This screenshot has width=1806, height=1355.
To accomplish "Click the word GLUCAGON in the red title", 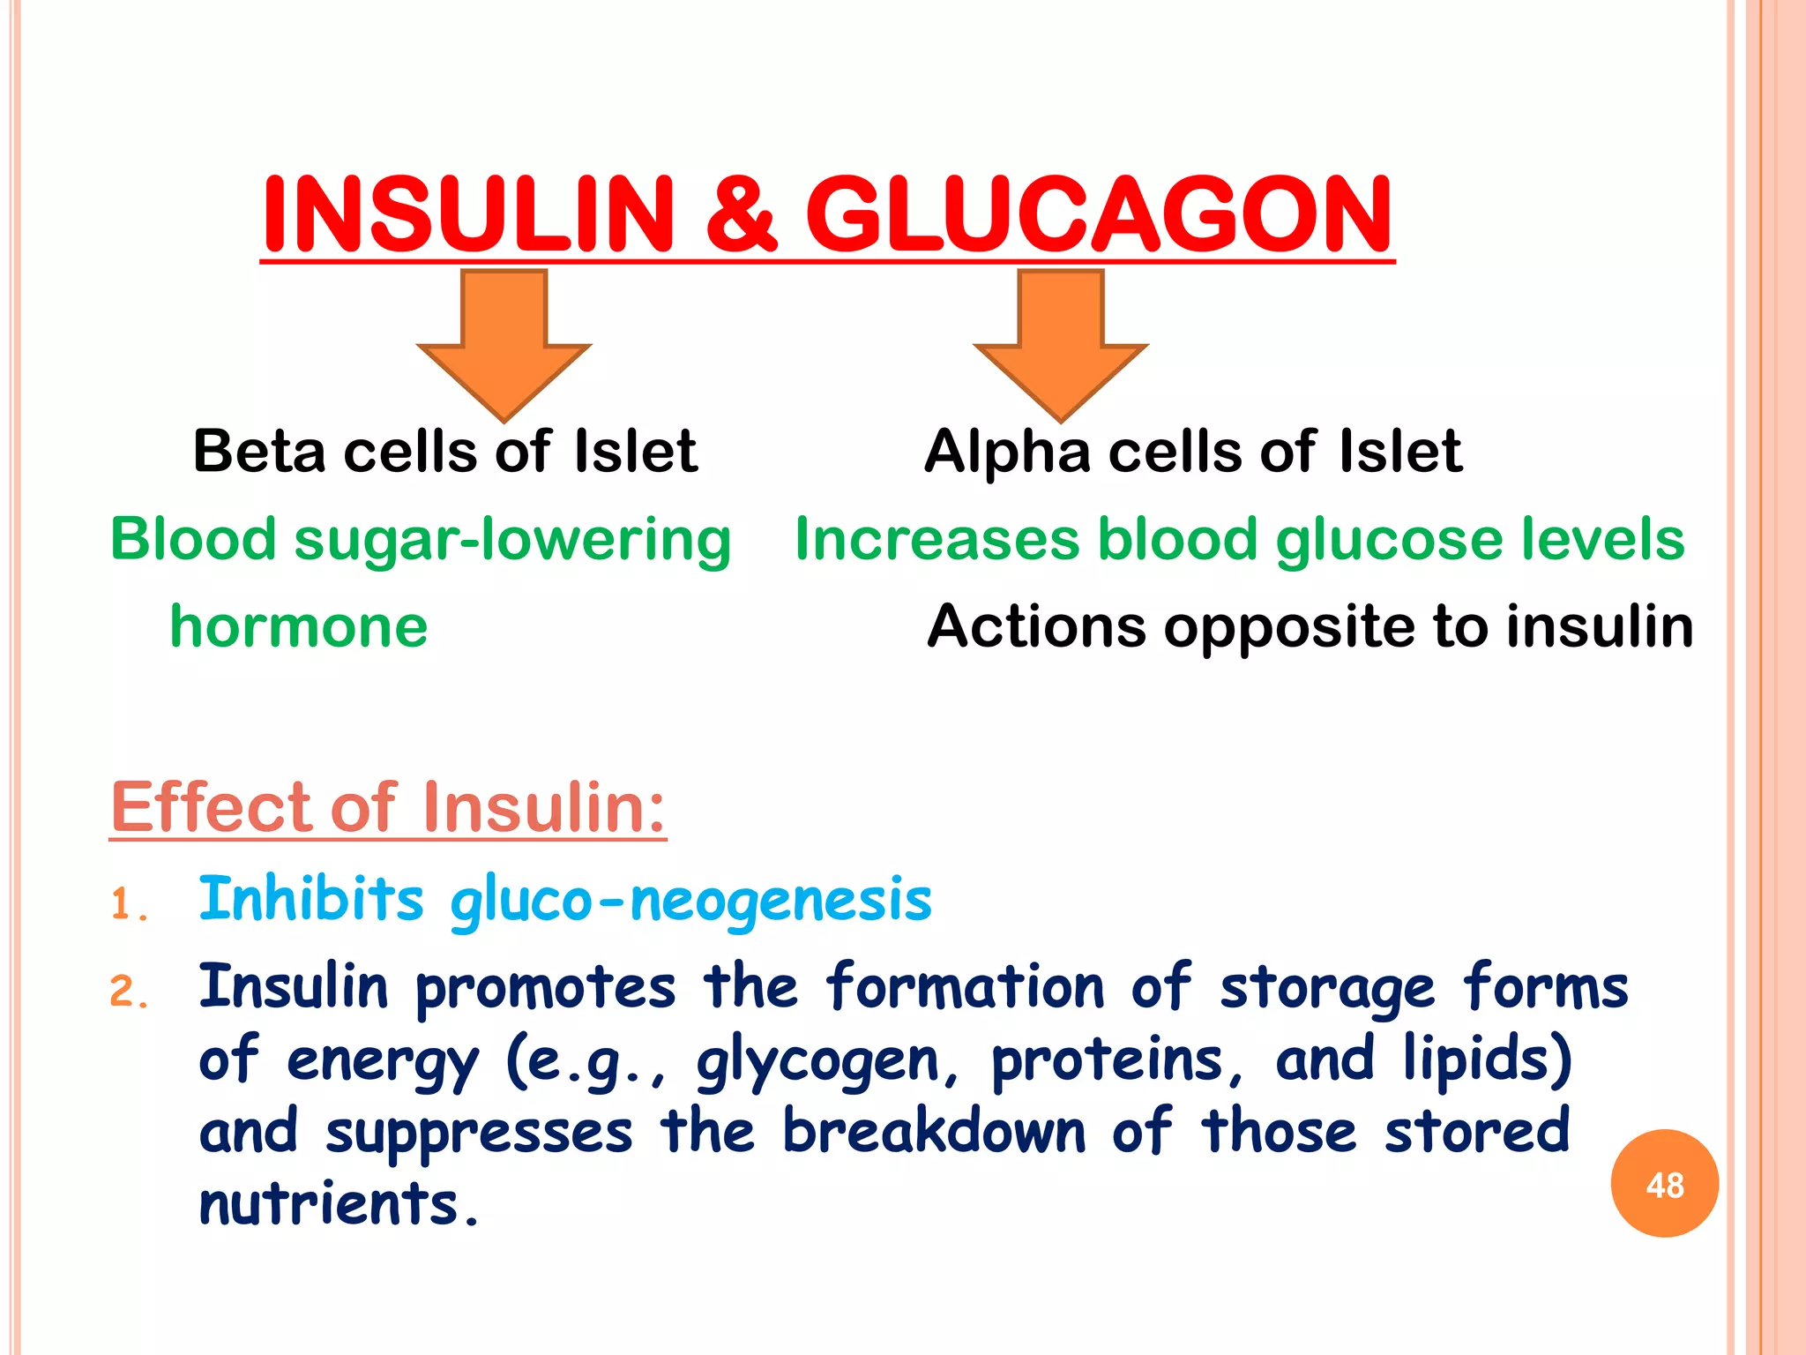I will click(1099, 214).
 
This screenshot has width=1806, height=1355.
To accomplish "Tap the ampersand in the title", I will click(740, 214).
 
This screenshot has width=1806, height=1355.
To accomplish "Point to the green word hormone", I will click(299, 627).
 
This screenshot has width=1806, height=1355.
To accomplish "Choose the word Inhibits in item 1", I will click(311, 899).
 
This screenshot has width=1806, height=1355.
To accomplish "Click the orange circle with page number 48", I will click(1664, 1184).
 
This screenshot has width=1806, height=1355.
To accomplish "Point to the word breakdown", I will click(934, 1132).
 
